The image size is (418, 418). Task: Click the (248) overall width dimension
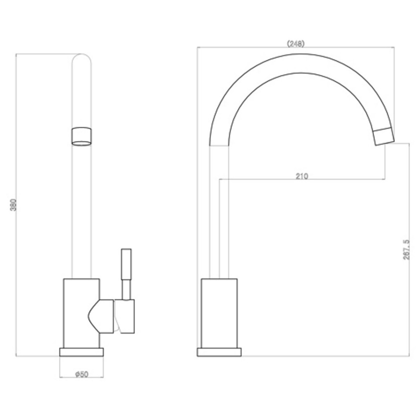coord(296,44)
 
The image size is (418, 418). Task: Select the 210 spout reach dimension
coord(302,176)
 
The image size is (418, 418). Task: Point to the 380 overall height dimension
coord(13,205)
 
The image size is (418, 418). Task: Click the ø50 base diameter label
coord(82,374)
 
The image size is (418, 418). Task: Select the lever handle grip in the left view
coord(127,263)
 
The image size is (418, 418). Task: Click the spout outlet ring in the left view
coord(81,137)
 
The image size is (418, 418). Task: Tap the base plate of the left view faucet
coord(81,352)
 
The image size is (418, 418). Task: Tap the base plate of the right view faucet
coord(219,352)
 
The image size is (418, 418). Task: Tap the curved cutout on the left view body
coord(95,316)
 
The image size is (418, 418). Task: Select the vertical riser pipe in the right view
coord(219,212)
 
